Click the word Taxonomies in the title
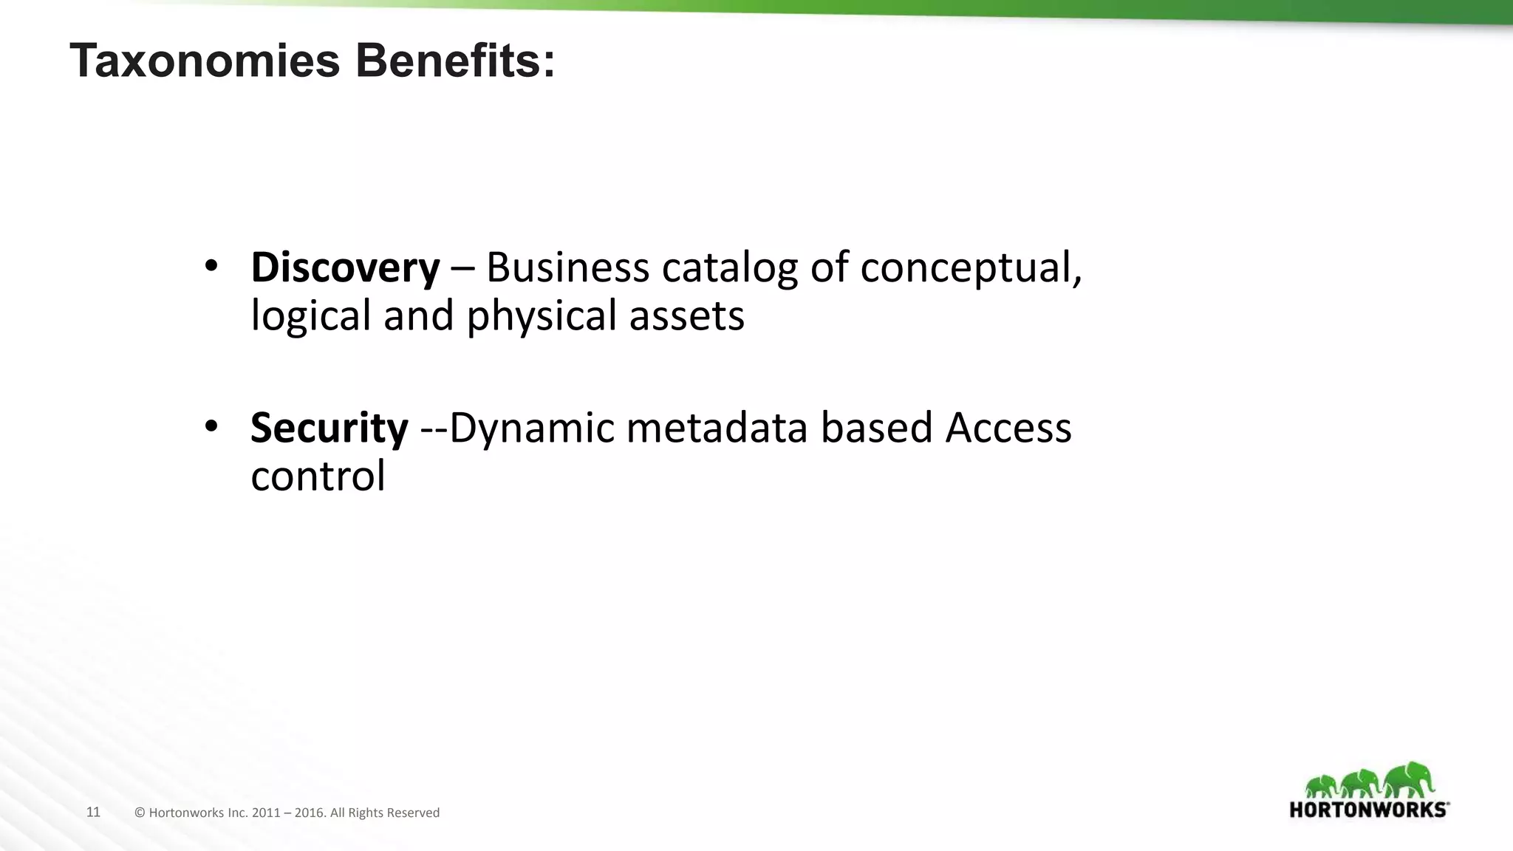[204, 61]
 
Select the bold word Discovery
[345, 267]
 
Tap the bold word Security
[329, 428]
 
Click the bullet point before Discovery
[211, 266]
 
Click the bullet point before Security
[211, 426]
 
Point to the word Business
[567, 267]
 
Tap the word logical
[310, 316]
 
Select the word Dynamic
[531, 429]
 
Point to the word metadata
[717, 428]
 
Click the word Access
[1008, 428]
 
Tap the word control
[318, 476]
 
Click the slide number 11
[93, 813]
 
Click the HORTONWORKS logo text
[1368, 810]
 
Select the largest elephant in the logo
[1409, 780]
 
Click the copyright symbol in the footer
[140, 813]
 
